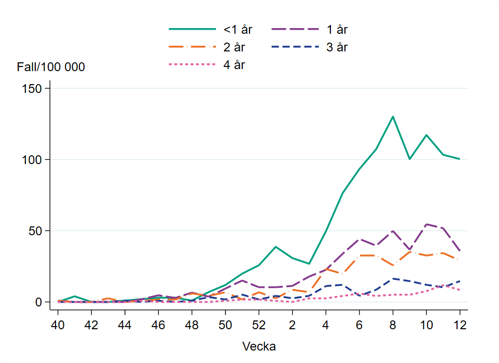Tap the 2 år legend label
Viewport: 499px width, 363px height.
click(x=234, y=47)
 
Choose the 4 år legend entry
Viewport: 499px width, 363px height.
click(x=234, y=65)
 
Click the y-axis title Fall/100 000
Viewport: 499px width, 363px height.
click(x=51, y=67)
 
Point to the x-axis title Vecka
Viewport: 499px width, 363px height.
click(x=259, y=346)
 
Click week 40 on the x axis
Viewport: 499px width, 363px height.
click(x=58, y=325)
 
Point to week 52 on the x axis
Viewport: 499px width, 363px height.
click(x=259, y=325)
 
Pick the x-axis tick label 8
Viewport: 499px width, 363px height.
click(x=393, y=325)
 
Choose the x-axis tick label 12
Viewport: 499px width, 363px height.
click(x=460, y=325)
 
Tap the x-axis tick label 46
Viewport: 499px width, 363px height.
click(x=158, y=325)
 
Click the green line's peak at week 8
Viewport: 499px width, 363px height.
click(x=393, y=116)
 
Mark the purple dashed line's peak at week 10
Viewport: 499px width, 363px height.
click(x=426, y=224)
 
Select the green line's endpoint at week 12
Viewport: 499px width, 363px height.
click(x=460, y=159)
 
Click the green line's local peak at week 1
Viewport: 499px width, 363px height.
click(x=276, y=247)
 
